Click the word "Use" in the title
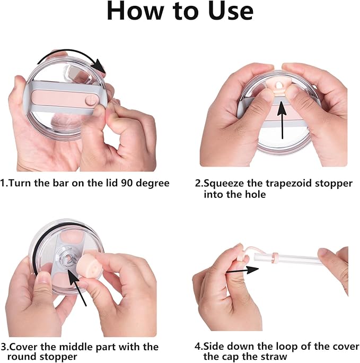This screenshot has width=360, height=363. (x=231, y=11)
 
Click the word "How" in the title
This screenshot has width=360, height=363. (x=135, y=11)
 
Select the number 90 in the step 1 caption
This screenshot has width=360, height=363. (x=127, y=183)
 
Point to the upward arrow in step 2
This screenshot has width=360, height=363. (x=282, y=120)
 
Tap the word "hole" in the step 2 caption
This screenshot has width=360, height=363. (x=256, y=194)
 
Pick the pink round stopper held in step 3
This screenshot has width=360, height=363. (x=87, y=264)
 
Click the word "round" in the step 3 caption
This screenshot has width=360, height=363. (x=22, y=357)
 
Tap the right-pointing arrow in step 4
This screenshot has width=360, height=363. (x=242, y=270)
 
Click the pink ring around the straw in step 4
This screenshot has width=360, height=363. (x=275, y=258)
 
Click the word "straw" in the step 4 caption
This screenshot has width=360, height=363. (x=273, y=357)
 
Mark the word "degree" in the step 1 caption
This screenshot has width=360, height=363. (x=152, y=184)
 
